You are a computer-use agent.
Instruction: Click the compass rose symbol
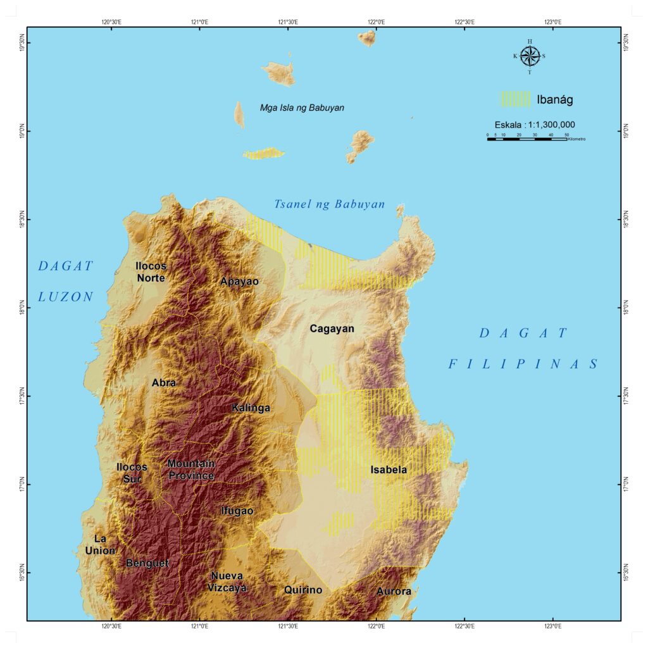click(x=530, y=56)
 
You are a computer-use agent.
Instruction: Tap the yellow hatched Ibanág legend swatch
click(x=516, y=99)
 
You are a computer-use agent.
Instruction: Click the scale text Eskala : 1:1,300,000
click(x=535, y=125)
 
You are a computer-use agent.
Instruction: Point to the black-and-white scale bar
click(x=526, y=138)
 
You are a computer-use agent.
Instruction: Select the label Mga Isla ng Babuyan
click(x=302, y=108)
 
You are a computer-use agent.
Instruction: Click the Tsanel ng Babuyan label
click(x=329, y=204)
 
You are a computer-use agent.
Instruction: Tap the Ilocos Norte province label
click(x=151, y=272)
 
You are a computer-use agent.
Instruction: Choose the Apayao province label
click(x=239, y=281)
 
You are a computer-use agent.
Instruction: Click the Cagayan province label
click(x=332, y=328)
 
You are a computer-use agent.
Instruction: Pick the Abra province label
click(x=164, y=382)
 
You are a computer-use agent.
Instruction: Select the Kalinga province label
click(x=251, y=408)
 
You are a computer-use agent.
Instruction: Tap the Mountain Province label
click(x=190, y=470)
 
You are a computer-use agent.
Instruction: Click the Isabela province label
click(x=389, y=470)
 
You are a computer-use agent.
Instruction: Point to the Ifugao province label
click(x=237, y=510)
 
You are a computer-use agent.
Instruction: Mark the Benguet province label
click(x=147, y=563)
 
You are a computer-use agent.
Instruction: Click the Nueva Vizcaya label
click(x=227, y=582)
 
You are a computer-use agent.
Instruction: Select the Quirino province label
click(x=303, y=590)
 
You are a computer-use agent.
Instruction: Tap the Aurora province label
click(x=394, y=591)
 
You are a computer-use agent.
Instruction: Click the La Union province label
click(x=101, y=544)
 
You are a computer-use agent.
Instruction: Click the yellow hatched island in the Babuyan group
click(x=264, y=154)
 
